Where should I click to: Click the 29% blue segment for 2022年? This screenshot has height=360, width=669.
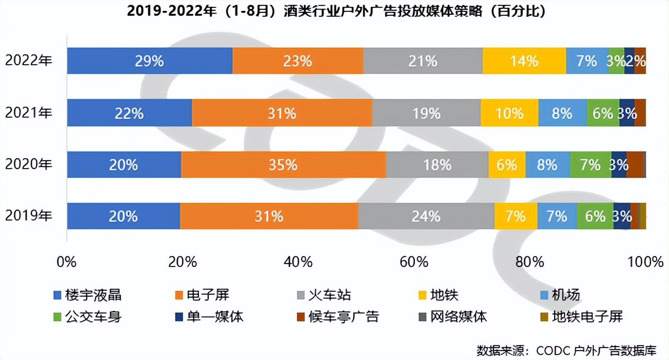point(149,61)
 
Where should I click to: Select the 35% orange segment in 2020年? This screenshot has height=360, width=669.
point(284,165)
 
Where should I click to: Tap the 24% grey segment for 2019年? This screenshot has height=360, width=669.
point(426,216)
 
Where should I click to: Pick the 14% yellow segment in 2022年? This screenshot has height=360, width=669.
point(524,61)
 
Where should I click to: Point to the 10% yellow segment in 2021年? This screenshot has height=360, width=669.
point(509,113)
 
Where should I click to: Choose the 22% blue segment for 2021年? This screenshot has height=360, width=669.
point(130,113)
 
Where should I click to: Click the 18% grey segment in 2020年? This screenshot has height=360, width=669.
point(437,165)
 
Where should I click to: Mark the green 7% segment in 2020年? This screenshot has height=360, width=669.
point(590,165)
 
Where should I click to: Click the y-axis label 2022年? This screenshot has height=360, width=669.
point(28,61)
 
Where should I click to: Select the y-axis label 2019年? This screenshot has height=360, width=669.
point(28,216)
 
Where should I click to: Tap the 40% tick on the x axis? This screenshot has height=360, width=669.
point(299,262)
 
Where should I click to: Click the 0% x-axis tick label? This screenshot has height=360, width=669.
point(67,262)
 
